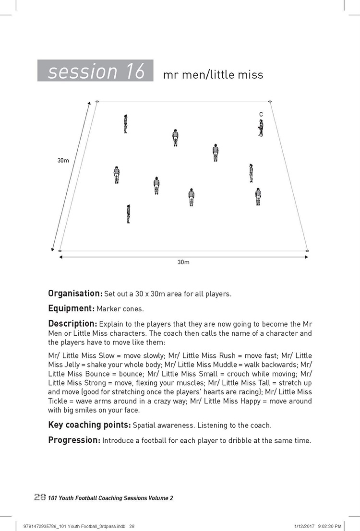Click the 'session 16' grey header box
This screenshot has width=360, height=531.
96,71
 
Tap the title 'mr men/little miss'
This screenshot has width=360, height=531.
213,75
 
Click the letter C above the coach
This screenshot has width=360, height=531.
261,114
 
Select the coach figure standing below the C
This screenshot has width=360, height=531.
261,128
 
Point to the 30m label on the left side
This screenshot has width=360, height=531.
63,161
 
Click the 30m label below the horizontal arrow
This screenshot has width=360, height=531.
183,262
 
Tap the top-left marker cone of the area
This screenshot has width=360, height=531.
97,102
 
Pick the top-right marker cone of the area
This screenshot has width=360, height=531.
270,102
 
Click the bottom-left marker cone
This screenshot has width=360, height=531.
60,250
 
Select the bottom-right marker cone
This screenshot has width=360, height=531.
307,250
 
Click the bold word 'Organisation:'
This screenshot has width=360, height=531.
75,293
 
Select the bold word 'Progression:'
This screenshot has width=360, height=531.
74,440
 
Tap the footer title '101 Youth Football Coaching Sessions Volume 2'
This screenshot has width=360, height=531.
110,498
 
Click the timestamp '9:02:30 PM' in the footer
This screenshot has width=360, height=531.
326,526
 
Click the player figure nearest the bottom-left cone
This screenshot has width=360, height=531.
129,214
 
